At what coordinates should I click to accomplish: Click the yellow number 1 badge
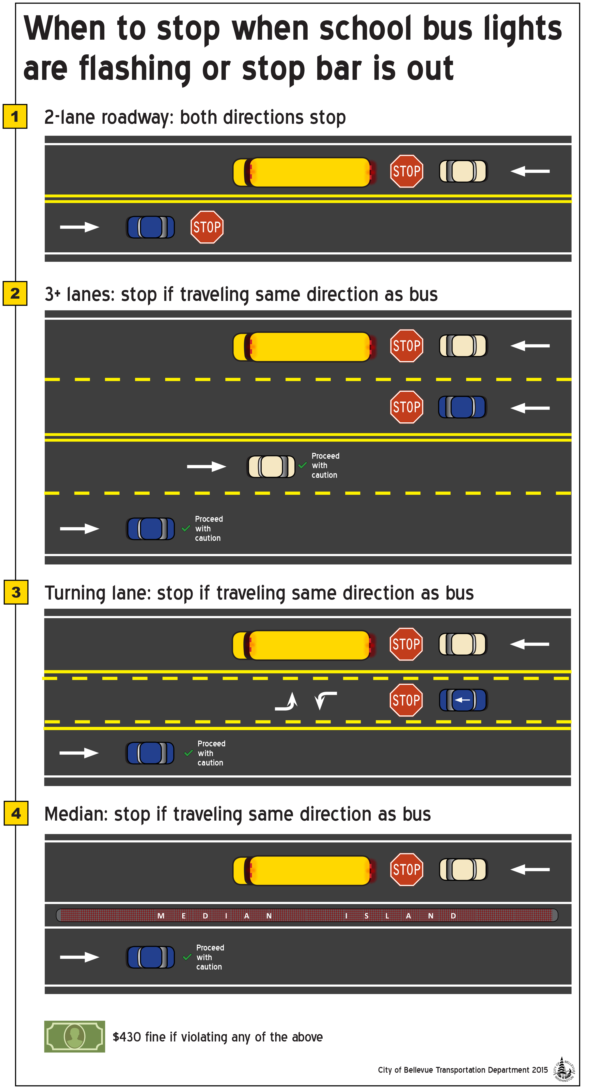click(x=15, y=116)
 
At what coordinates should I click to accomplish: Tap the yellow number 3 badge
click(x=16, y=592)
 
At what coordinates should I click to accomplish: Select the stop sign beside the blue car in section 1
click(x=207, y=227)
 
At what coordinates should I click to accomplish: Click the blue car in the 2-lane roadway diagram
click(x=150, y=227)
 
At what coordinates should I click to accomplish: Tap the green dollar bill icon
click(x=74, y=1036)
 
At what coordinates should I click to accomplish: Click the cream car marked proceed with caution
click(x=271, y=466)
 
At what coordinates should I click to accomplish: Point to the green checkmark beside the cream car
click(x=302, y=465)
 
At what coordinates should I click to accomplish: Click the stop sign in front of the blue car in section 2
click(x=406, y=407)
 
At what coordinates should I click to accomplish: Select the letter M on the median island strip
click(x=161, y=916)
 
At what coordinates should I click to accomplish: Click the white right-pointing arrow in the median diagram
click(x=80, y=957)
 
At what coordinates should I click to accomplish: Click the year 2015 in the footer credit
click(x=540, y=1069)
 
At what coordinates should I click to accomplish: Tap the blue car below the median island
click(x=150, y=957)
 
